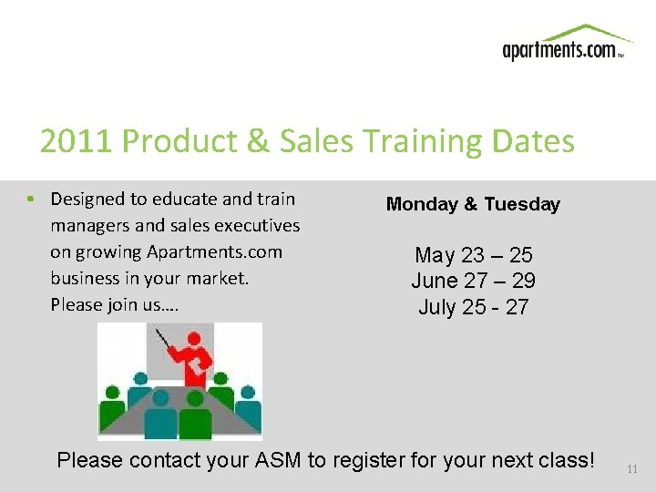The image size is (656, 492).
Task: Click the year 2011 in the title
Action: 77,141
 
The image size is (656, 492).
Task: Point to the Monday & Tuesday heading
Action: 473,204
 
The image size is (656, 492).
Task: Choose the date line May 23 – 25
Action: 473,255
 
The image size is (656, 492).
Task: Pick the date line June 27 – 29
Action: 473,281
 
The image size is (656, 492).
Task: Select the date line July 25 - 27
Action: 473,307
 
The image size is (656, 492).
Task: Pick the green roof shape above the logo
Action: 582,33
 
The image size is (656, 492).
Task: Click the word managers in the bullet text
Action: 90,225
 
